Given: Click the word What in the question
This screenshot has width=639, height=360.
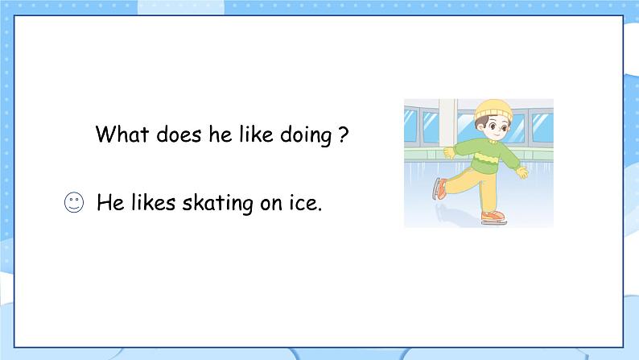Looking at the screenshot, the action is coord(122,134).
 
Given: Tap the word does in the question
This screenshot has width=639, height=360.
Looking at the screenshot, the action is coord(179,134).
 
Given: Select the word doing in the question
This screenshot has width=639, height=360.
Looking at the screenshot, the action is coord(306,135).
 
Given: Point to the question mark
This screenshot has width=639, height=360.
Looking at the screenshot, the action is coord(344,134).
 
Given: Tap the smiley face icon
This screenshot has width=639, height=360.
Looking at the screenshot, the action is coord(74,202).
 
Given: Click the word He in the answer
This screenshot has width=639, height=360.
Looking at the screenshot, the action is coord(110,203).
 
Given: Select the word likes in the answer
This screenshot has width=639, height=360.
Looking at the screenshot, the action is coord(154,202).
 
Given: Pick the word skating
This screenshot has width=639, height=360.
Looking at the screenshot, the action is coord(217,204).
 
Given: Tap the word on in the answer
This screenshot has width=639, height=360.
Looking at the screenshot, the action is coord(271,205).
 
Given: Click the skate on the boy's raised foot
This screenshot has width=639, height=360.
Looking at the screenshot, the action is coord(439,188).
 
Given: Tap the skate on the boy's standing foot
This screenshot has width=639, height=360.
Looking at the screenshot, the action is coord(493,217).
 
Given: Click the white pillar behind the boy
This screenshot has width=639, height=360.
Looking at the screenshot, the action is coord(447,122).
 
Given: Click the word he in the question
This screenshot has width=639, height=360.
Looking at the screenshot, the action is coord(221,134).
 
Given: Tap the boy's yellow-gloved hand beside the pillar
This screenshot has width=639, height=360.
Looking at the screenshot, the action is coord(449,153).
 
